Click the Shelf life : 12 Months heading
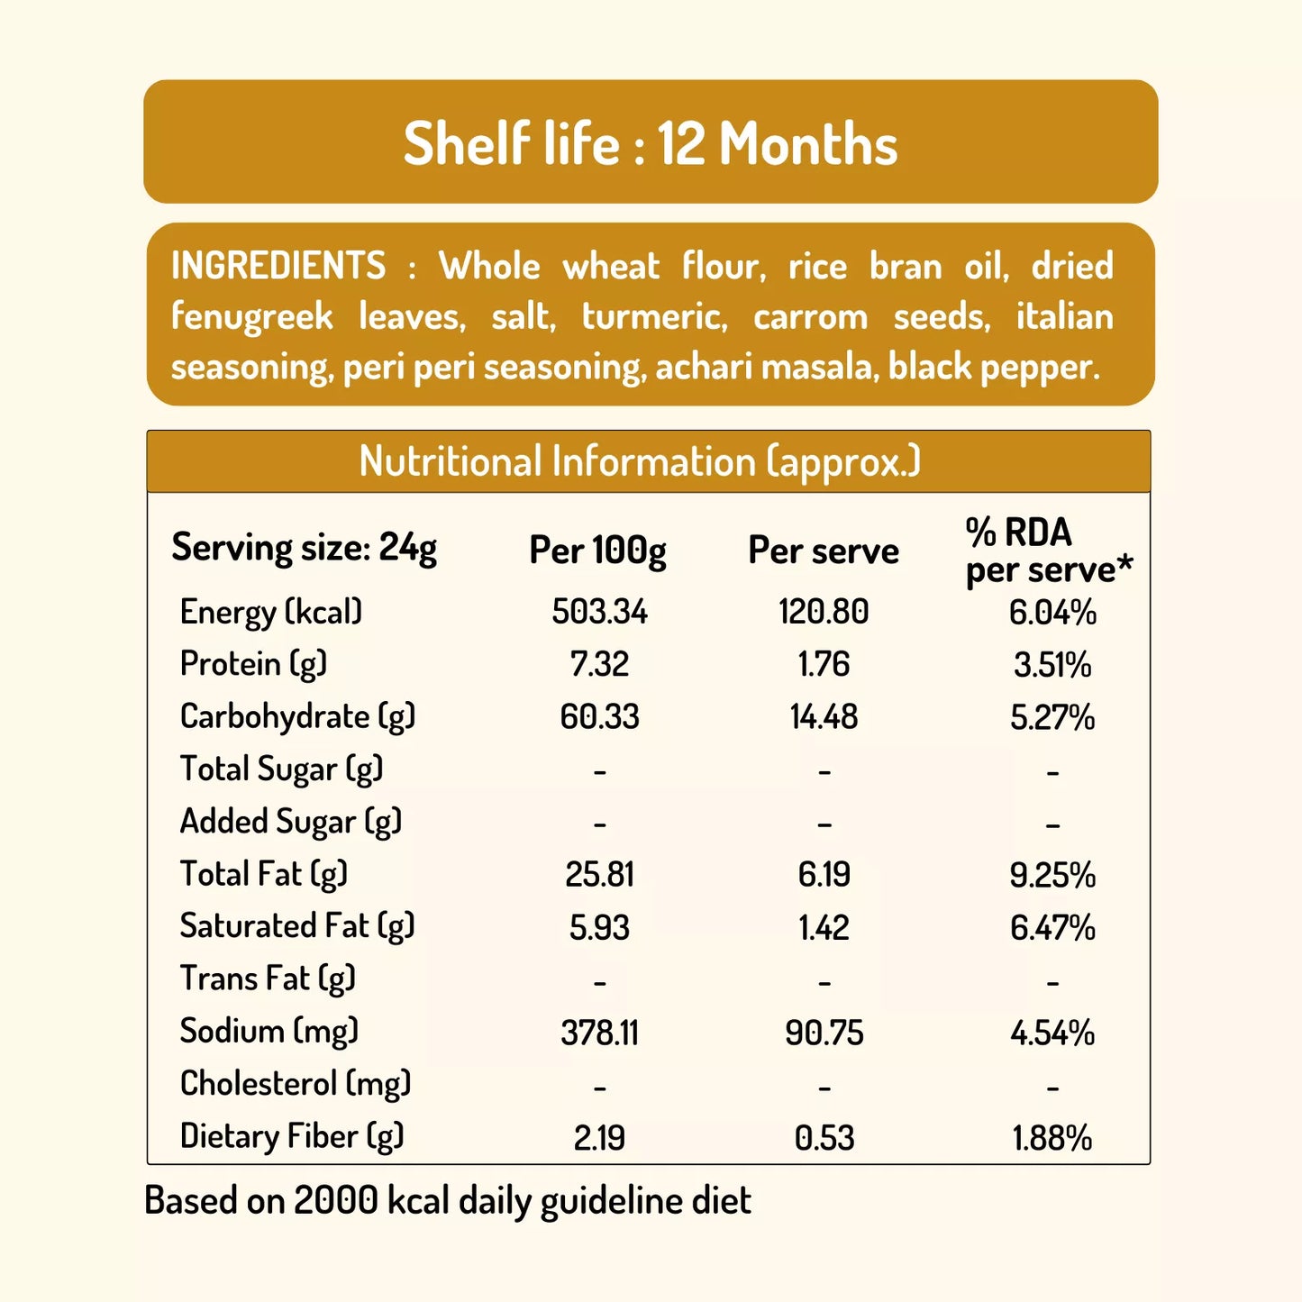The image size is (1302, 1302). [x=651, y=144]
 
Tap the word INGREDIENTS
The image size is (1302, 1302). [x=278, y=267]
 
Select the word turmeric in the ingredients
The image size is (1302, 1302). [x=654, y=317]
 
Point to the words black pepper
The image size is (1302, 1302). [x=994, y=368]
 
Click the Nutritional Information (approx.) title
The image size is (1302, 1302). [x=640, y=461]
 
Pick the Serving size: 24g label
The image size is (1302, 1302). [x=305, y=548]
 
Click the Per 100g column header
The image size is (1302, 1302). [x=597, y=551]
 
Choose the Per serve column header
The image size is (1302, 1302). [x=824, y=551]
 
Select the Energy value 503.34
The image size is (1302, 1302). [x=599, y=613]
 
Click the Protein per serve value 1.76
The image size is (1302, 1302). [x=824, y=665]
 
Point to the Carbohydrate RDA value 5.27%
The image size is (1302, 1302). [x=1052, y=717]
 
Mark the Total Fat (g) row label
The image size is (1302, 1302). [x=263, y=874]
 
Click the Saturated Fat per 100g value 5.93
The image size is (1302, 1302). [x=599, y=927]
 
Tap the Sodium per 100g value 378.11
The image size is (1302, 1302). [x=599, y=1033]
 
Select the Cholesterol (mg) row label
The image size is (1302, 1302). [x=296, y=1084]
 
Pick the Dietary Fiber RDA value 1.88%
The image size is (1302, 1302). [x=1052, y=1138]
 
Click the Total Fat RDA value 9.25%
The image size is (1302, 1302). [x=1052, y=875]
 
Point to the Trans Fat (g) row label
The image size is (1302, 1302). [x=268, y=979]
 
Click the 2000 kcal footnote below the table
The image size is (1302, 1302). [x=448, y=1201]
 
